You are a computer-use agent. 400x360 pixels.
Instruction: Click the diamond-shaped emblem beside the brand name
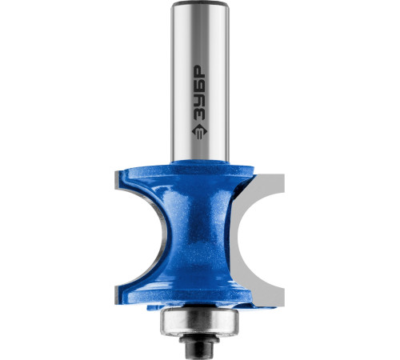[200, 131]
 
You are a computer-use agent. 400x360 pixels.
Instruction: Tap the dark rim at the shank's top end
[200, 4]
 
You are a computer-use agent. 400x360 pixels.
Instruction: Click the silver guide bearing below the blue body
[199, 321]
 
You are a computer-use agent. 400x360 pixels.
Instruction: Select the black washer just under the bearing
[199, 338]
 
